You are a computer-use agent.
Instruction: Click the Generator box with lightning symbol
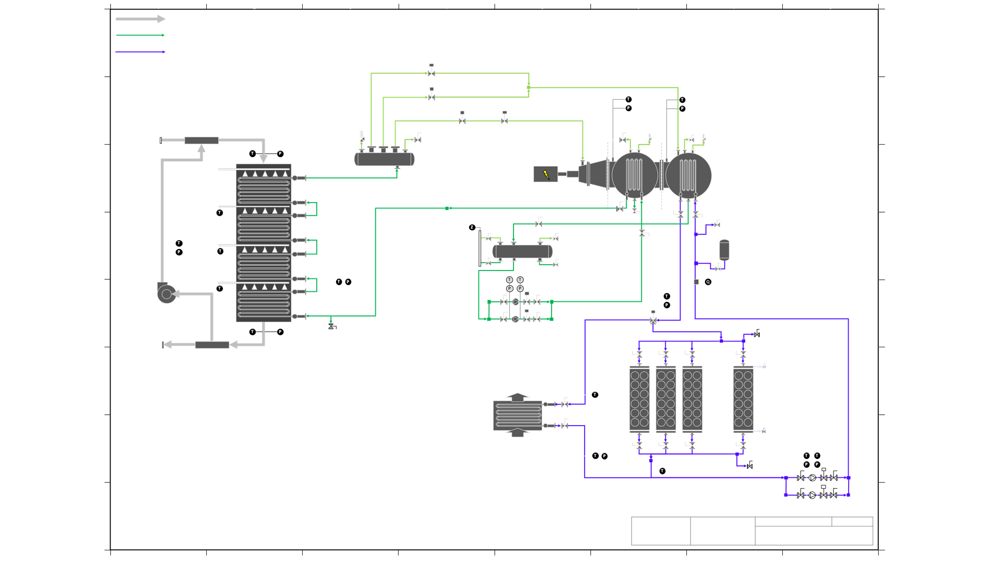(545, 174)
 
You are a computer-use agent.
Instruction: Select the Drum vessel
(384, 159)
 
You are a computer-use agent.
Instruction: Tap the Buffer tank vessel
(522, 252)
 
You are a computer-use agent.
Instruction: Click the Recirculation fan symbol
(166, 293)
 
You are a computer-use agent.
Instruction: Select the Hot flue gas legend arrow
(140, 19)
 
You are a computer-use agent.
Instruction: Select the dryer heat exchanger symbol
(517, 415)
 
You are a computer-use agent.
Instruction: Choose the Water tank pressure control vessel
(724, 250)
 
